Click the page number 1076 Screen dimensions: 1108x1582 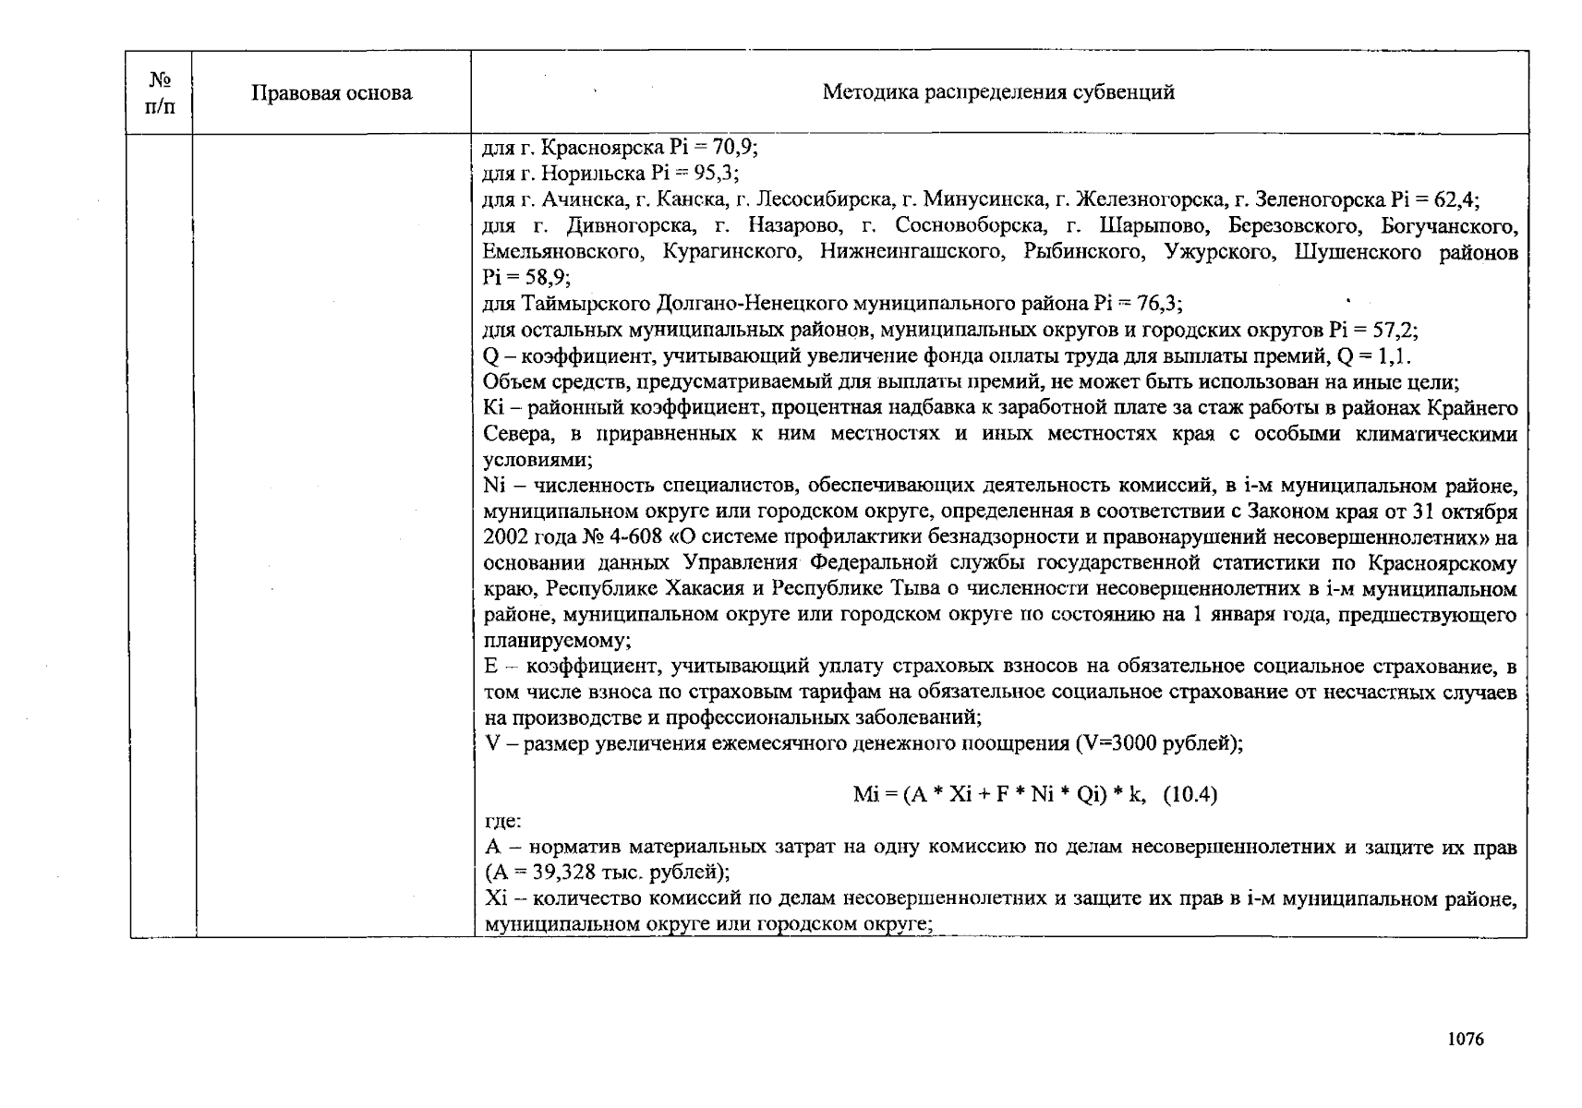(x=1466, y=1039)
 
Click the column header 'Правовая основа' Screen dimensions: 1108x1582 (x=332, y=93)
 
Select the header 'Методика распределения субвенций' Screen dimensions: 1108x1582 (x=998, y=92)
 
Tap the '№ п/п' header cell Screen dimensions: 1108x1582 (x=159, y=93)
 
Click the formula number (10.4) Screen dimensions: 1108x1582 (x=1190, y=795)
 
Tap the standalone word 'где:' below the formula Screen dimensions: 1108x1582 (x=502, y=821)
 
